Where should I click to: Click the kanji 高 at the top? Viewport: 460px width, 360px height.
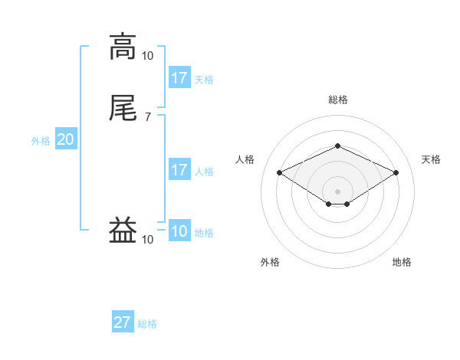click(x=123, y=47)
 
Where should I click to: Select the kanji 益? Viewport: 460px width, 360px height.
click(x=123, y=230)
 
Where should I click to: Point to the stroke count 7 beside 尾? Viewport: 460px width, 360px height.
click(x=148, y=116)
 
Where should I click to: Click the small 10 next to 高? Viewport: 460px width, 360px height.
click(x=148, y=55)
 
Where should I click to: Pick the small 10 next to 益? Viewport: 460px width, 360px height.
click(x=148, y=240)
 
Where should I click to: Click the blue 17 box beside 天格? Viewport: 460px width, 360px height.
click(x=179, y=78)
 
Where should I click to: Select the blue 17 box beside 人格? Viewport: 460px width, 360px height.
click(x=179, y=170)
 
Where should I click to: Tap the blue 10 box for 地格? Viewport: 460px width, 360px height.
click(x=179, y=231)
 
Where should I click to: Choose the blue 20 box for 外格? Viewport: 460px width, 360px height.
click(x=66, y=139)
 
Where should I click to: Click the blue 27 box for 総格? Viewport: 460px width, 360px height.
click(x=123, y=322)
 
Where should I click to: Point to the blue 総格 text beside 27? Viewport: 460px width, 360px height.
click(x=147, y=324)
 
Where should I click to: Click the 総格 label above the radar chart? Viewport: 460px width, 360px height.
click(x=337, y=100)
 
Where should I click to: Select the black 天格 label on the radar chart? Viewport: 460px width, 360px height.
click(x=431, y=159)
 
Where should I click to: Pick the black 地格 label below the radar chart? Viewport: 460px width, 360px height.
click(x=402, y=262)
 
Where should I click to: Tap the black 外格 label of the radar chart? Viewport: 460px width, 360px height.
click(x=270, y=262)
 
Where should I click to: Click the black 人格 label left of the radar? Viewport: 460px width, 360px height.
click(x=245, y=159)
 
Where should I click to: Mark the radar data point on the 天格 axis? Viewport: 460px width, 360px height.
click(x=396, y=172)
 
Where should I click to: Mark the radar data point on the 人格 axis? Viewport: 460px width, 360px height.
click(x=279, y=172)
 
